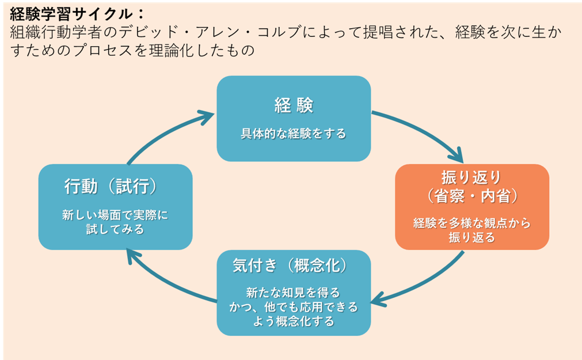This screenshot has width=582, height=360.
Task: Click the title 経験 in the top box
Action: pos(293,105)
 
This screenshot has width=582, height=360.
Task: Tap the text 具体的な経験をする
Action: pos(293,134)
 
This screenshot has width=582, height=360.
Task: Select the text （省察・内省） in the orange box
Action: pos(471,196)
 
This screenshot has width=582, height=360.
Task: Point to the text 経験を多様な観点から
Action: pos(471,223)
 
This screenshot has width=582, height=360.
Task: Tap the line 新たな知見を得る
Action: pos(293,291)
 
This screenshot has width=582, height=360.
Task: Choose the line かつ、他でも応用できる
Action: pos(293,306)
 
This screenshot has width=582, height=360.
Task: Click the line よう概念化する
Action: pos(293,321)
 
